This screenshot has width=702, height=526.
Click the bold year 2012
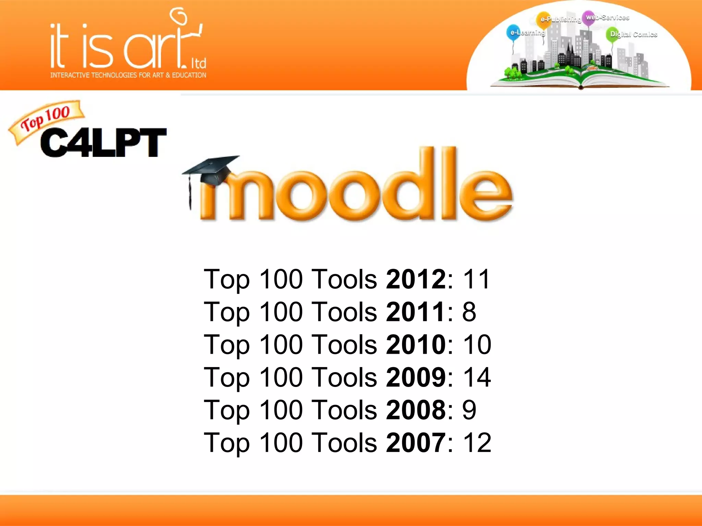[416, 279]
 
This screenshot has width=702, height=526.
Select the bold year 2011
[416, 312]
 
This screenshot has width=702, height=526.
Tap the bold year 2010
[416, 345]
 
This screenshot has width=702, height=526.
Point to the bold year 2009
[416, 377]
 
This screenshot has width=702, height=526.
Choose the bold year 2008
[416, 410]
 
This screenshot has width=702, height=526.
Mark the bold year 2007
[416, 442]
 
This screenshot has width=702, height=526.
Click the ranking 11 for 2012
[476, 279]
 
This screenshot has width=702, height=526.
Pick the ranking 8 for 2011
[469, 312]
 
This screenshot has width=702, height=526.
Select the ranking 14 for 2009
[477, 377]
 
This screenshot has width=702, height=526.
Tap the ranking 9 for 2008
[469, 410]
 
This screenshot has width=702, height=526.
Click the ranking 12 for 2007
[477, 442]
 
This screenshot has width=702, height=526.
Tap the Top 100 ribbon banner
[46, 118]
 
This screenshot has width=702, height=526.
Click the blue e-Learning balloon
[513, 33]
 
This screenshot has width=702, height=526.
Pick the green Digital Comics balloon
[613, 34]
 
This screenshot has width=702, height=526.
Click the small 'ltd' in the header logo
[198, 63]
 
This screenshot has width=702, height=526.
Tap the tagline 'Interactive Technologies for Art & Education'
[128, 75]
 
